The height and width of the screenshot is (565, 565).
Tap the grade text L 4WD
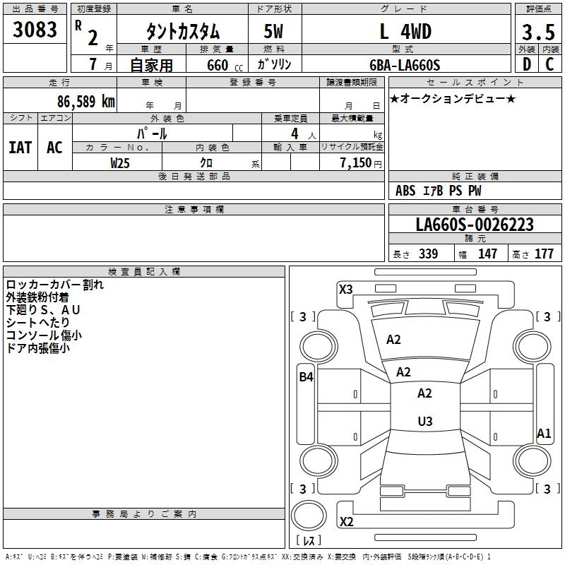click(405, 32)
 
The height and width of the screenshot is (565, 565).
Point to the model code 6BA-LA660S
click(405, 65)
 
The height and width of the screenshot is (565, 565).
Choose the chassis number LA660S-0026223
click(474, 225)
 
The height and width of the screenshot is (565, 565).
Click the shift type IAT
click(20, 147)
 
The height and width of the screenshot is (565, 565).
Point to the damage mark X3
click(345, 289)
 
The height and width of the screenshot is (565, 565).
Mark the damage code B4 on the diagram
click(305, 377)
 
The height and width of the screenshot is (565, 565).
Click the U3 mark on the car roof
click(424, 422)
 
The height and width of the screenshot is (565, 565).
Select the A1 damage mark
click(543, 434)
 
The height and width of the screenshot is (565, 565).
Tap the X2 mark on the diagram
click(346, 522)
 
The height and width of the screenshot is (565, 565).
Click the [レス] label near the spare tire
click(308, 541)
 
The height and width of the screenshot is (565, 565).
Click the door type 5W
click(275, 32)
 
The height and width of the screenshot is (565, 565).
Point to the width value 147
click(487, 254)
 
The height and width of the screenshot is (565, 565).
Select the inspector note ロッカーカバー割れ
click(54, 285)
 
